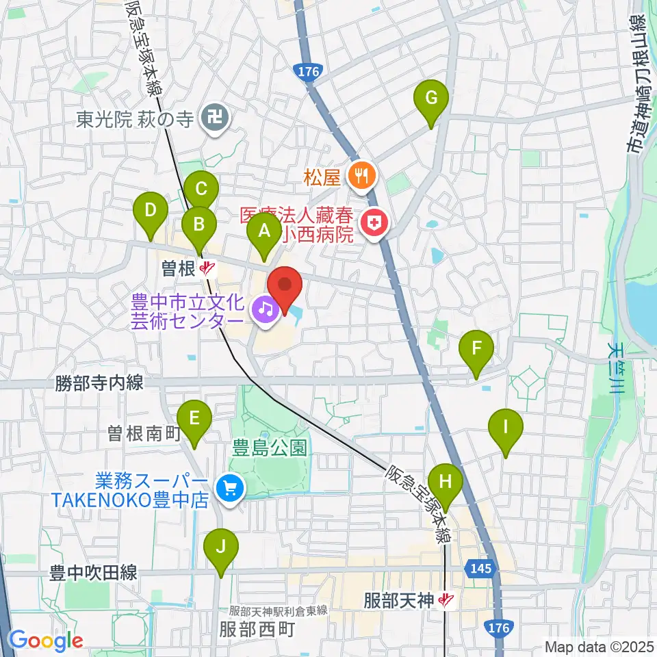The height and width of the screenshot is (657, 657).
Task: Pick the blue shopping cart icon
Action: point(229,488)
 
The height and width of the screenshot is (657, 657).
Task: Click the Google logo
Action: point(46,641)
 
